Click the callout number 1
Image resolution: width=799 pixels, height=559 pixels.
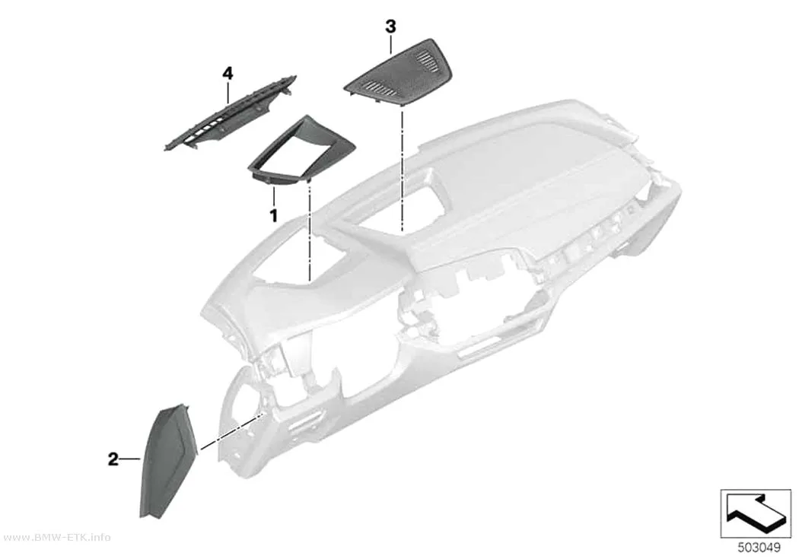tap(274, 215)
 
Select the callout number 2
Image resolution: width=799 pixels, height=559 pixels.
tap(113, 459)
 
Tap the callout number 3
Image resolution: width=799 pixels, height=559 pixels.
tap(390, 27)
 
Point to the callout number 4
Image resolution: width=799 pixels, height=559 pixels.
tap(228, 74)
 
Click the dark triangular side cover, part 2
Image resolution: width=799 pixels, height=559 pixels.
tap(166, 461)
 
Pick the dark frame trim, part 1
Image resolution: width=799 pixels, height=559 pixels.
tap(288, 151)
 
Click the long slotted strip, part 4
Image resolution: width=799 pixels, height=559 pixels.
tap(231, 113)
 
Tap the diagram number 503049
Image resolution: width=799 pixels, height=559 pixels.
tap(759, 548)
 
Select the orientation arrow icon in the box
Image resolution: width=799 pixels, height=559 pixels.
tap(755, 513)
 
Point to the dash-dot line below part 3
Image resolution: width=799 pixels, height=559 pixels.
tap(403, 169)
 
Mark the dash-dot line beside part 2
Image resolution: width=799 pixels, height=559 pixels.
tap(232, 432)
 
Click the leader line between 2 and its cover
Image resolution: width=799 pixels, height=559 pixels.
tap(130, 459)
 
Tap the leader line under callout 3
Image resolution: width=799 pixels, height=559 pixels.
tap(391, 45)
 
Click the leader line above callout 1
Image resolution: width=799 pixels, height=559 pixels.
tap(274, 196)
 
